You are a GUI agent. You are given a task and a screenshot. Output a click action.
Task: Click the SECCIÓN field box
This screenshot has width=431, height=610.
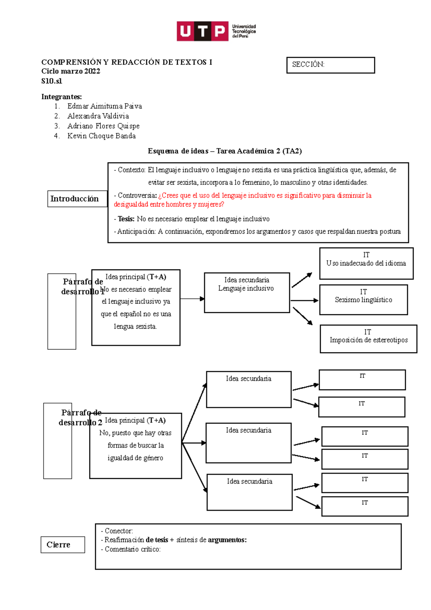pyautogui.click(x=330, y=65)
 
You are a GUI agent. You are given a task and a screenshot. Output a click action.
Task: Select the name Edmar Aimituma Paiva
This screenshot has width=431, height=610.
pyautogui.click(x=105, y=106)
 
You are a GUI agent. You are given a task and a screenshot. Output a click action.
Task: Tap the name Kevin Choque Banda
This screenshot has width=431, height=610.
pyautogui.click(x=101, y=136)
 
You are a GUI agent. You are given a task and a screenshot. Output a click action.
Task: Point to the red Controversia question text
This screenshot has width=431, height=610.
pyautogui.click(x=242, y=200)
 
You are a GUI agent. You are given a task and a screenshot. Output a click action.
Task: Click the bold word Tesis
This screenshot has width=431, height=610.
pyautogui.click(x=126, y=219)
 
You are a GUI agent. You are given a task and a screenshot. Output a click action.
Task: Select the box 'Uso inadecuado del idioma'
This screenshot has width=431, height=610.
pyautogui.click(x=366, y=263)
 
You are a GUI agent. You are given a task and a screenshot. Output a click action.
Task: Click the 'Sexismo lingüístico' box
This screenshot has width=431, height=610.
pyautogui.click(x=363, y=300)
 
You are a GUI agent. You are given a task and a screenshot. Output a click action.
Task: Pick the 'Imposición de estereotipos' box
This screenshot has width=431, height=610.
pyautogui.click(x=369, y=339)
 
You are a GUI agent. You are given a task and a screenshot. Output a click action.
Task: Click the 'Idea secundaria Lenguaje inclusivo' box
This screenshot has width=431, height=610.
pyautogui.click(x=247, y=292)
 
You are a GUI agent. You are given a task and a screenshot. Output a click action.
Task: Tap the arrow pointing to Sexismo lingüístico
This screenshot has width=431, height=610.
pyautogui.click(x=304, y=300)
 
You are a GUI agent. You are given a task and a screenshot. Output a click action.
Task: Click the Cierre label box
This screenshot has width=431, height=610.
pyautogui.click(x=63, y=545)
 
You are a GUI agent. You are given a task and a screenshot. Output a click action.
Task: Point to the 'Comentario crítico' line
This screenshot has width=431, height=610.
pyautogui.click(x=133, y=549)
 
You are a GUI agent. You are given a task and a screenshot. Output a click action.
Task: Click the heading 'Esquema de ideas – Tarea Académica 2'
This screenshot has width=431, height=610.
pyautogui.click(x=224, y=151)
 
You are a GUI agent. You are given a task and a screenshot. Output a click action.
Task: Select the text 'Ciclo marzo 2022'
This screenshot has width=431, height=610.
pyautogui.click(x=71, y=71)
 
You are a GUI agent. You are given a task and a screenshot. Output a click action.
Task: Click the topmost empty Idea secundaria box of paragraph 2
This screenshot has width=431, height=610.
pyautogui.click(x=249, y=389)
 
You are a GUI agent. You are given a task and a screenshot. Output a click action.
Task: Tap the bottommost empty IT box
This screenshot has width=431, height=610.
pyautogui.click(x=365, y=506)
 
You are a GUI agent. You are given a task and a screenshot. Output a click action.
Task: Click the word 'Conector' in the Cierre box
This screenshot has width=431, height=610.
pyautogui.click(x=119, y=531)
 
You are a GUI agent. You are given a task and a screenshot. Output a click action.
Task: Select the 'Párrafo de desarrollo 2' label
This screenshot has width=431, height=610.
pyautogui.click(x=81, y=417)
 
